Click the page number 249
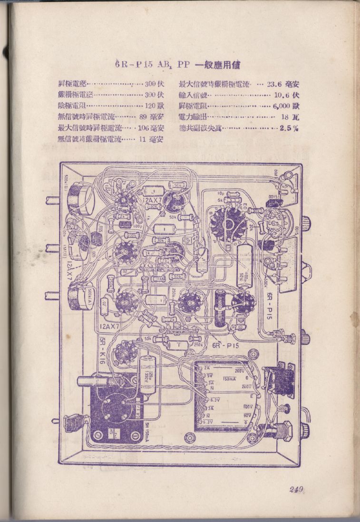click(296, 491)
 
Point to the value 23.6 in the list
click(274, 85)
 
